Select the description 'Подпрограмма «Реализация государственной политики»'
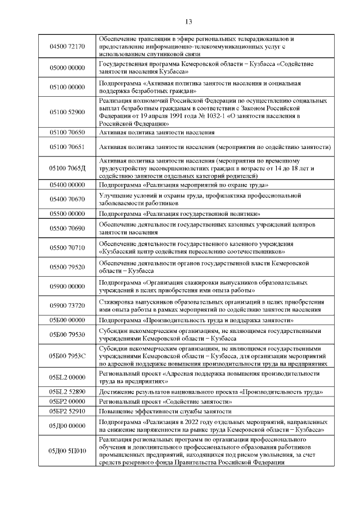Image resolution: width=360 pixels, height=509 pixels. pyautogui.click(x=179, y=214)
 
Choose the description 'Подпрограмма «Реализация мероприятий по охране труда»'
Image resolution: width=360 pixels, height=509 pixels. pyautogui.click(x=183, y=184)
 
